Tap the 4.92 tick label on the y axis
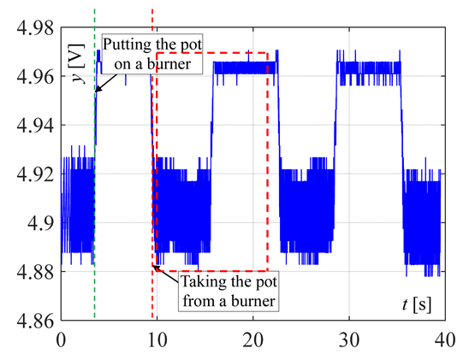pyautogui.click(x=28, y=174)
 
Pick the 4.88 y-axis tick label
pyautogui.click(x=28, y=272)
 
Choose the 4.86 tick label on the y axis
pyautogui.click(x=28, y=321)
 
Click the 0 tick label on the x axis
pyautogui.click(x=61, y=339)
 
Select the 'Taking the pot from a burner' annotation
pyautogui.click(x=229, y=291)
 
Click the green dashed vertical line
pyautogui.click(x=94, y=214)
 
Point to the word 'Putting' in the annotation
pyautogui.click(x=122, y=44)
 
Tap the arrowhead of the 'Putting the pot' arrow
pyautogui.click(x=97, y=89)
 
